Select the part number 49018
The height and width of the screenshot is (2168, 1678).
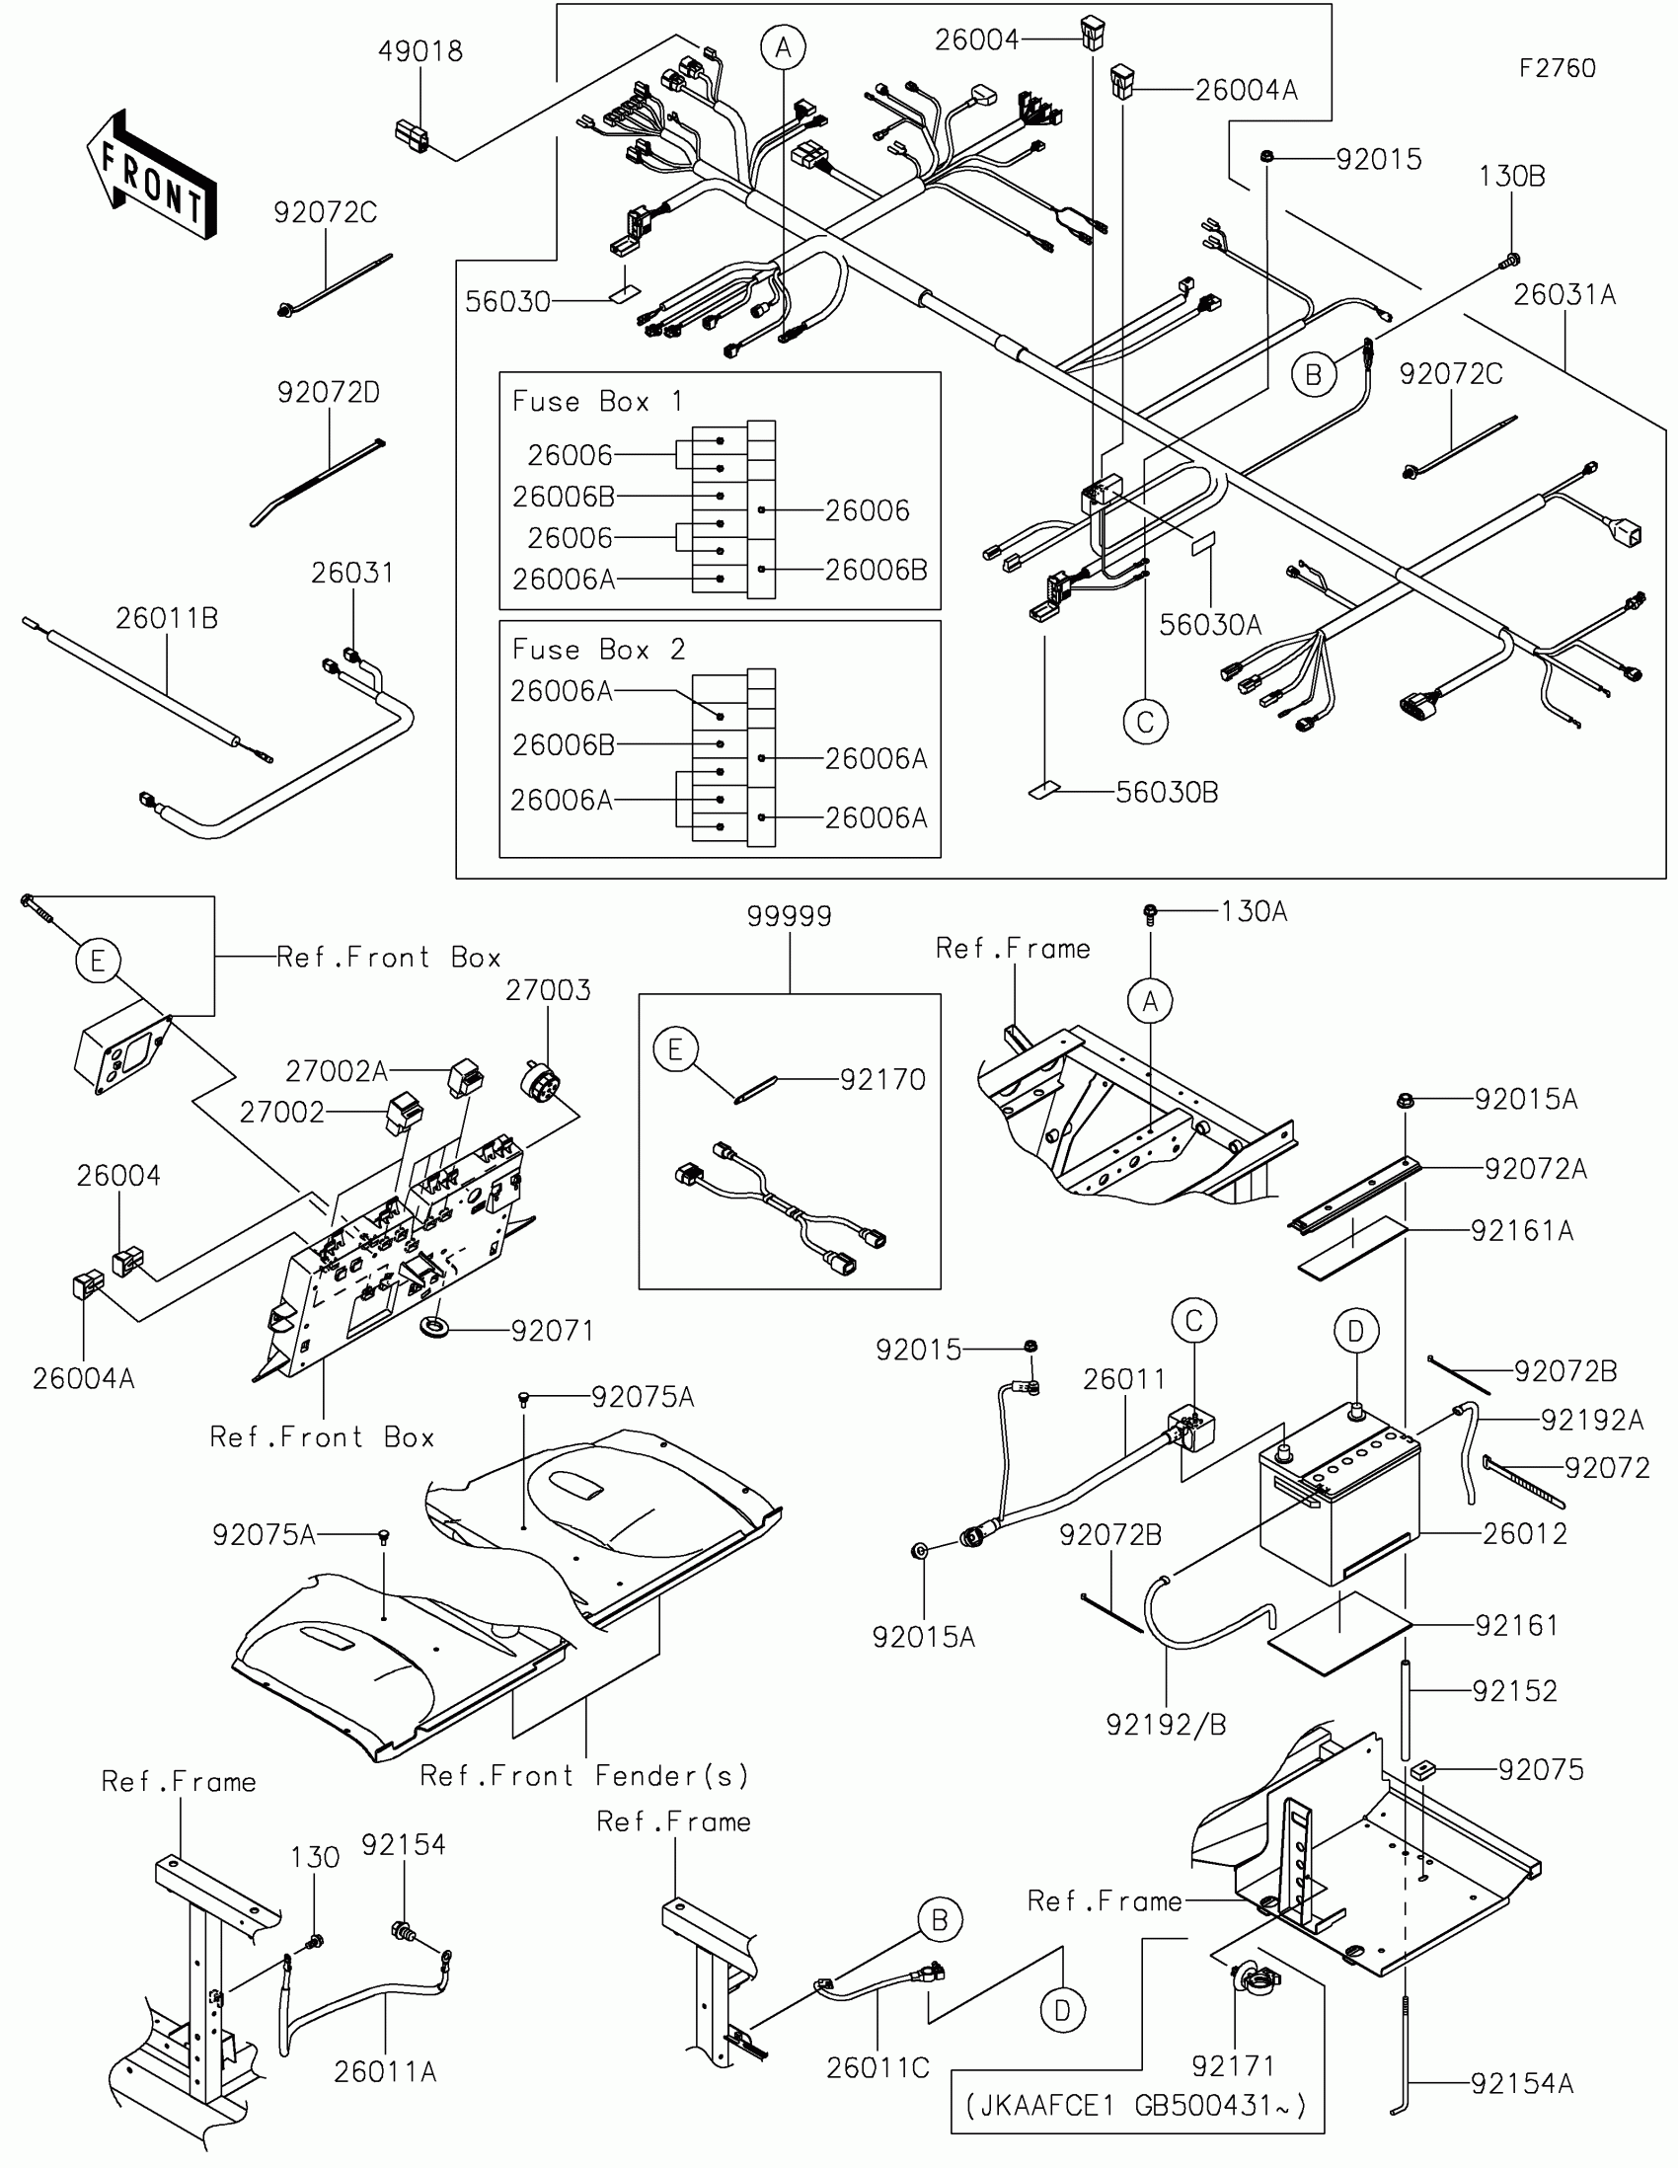(x=419, y=51)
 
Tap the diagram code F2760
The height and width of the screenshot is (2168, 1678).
(x=1557, y=68)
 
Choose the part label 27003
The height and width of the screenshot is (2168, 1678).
(x=548, y=989)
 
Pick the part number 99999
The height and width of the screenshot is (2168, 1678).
(x=789, y=915)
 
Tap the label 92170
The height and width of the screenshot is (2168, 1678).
(x=882, y=1079)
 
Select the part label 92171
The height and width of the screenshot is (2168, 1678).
(x=1233, y=2065)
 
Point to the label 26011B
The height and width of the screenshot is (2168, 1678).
(x=167, y=618)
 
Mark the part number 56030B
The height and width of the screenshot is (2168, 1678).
(x=1166, y=792)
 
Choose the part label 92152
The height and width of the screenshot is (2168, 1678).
(x=1514, y=1690)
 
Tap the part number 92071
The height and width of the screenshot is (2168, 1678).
(x=552, y=1330)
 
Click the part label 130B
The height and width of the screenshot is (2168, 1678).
(x=1511, y=177)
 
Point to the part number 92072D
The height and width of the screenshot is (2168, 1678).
(x=328, y=392)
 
